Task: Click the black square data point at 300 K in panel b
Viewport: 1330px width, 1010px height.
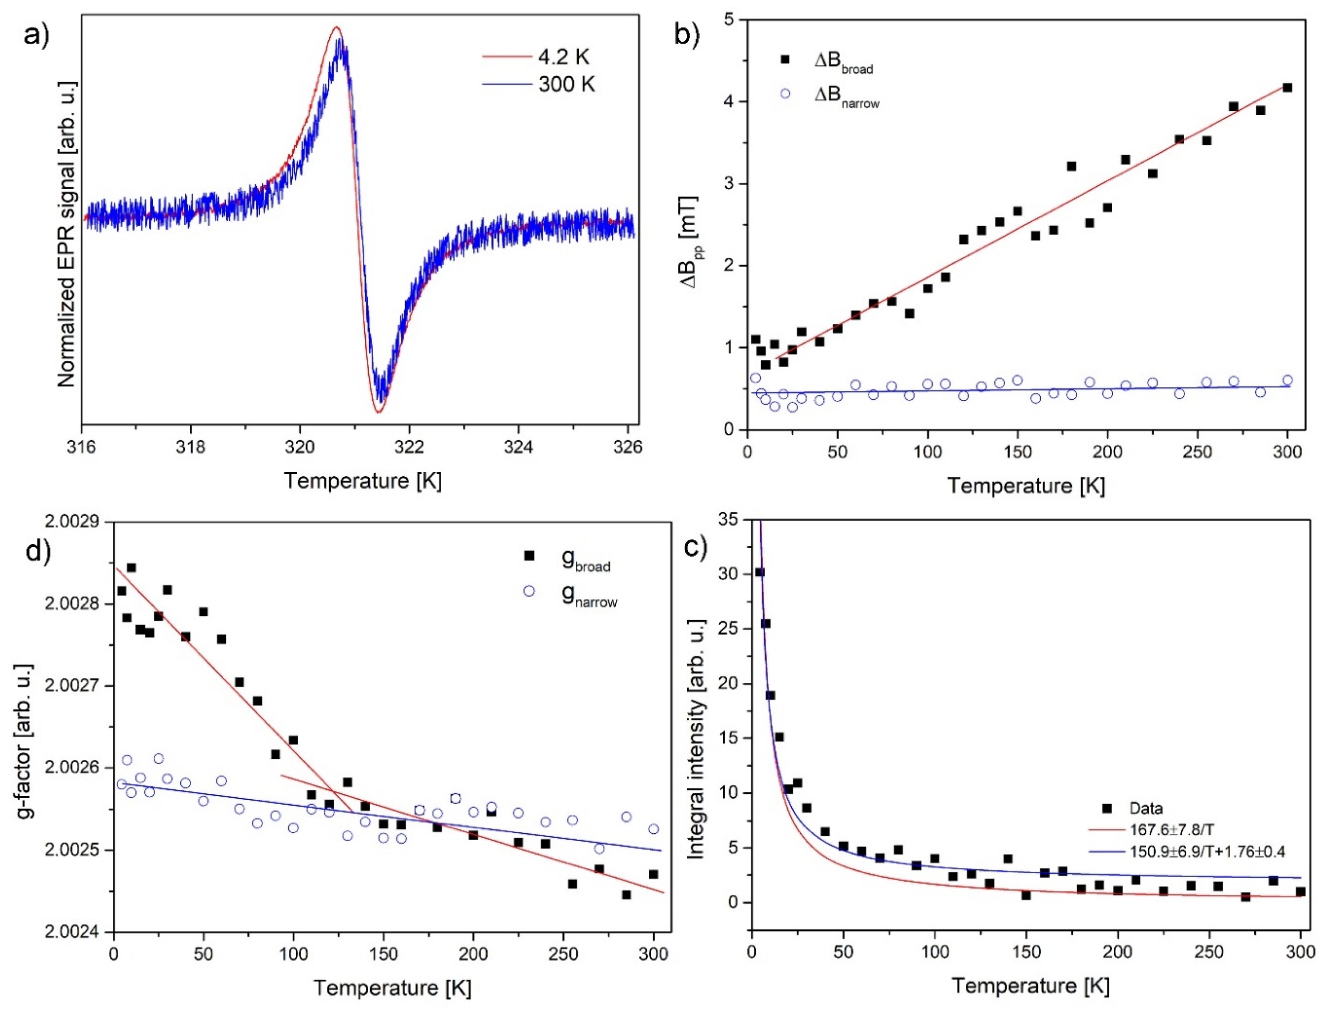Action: (x=1287, y=88)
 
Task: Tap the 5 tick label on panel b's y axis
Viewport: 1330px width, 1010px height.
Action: (x=729, y=20)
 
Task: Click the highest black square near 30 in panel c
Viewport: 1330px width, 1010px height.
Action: (x=760, y=572)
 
